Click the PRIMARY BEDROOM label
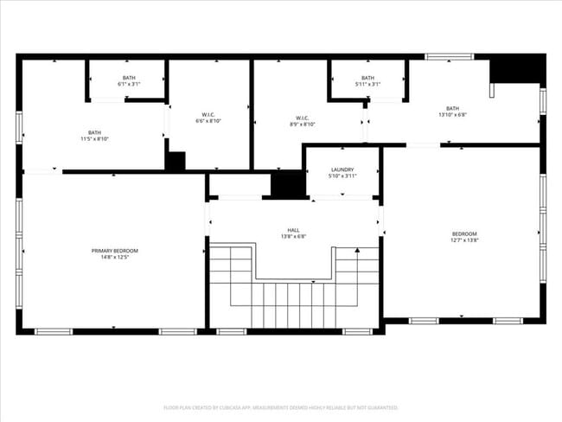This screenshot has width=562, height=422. (x=115, y=250)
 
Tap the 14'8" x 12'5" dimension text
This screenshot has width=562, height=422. (x=115, y=257)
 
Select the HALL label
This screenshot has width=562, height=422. (x=294, y=229)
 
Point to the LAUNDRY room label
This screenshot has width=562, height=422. (x=342, y=169)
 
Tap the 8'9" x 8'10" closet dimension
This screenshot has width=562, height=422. (x=303, y=125)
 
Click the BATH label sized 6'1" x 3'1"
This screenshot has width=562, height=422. (x=129, y=78)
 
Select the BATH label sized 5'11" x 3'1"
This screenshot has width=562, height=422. (x=368, y=78)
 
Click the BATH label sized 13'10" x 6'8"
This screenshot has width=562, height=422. (x=453, y=108)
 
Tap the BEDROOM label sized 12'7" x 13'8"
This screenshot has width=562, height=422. (x=464, y=233)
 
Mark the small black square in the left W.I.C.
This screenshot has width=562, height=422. (x=176, y=161)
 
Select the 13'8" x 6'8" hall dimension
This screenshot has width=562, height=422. (x=294, y=236)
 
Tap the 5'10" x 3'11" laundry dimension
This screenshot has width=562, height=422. (x=342, y=176)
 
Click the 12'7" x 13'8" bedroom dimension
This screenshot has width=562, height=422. (x=464, y=240)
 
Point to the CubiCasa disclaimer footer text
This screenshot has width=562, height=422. (x=280, y=407)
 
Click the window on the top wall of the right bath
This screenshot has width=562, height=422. (x=449, y=58)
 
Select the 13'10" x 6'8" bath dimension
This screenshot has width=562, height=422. (x=453, y=115)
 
